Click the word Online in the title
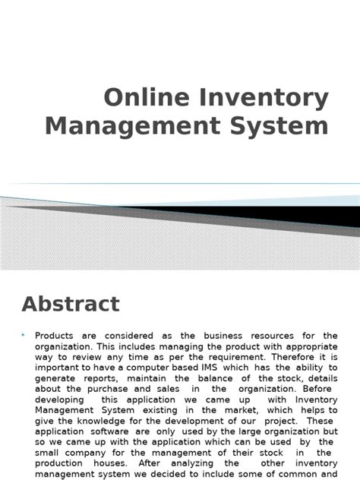coord(142,98)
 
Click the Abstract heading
coord(71,305)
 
